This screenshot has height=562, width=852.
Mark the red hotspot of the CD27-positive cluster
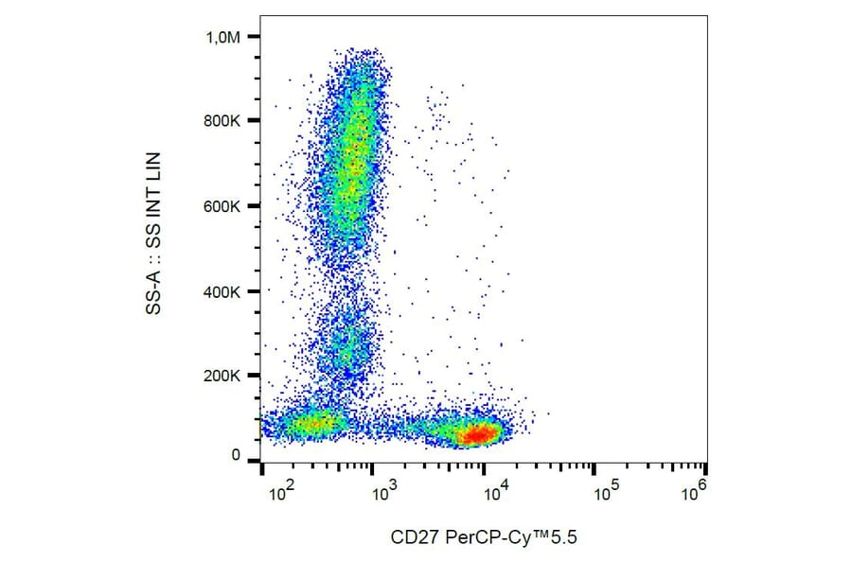pos(478,434)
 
